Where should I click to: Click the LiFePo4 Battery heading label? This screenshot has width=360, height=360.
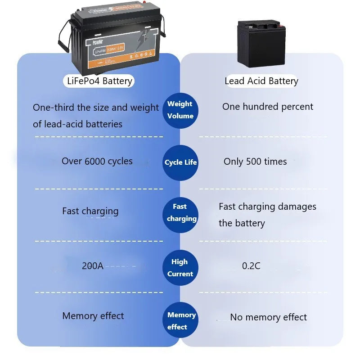(x=98, y=81)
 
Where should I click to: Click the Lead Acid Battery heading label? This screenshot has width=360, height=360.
(x=261, y=81)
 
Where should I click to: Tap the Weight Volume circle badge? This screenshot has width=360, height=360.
(x=180, y=110)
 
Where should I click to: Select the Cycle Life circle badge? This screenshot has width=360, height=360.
(x=180, y=162)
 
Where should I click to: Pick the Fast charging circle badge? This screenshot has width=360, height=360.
(x=180, y=213)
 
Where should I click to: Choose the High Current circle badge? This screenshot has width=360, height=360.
(x=180, y=268)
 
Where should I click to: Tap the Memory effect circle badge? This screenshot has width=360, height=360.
(x=180, y=321)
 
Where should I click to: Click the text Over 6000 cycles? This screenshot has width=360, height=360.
(x=97, y=161)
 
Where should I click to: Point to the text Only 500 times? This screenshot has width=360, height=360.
(x=255, y=162)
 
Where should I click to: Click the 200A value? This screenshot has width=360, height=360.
(x=93, y=266)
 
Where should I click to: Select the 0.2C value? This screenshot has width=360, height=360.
(x=251, y=266)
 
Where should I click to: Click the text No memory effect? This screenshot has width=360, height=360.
(x=268, y=317)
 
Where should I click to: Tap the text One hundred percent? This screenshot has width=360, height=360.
(x=268, y=107)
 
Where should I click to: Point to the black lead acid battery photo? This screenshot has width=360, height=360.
(x=261, y=44)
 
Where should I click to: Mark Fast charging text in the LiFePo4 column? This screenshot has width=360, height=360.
(x=90, y=211)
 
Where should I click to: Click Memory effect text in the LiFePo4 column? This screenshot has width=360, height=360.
(x=93, y=316)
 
